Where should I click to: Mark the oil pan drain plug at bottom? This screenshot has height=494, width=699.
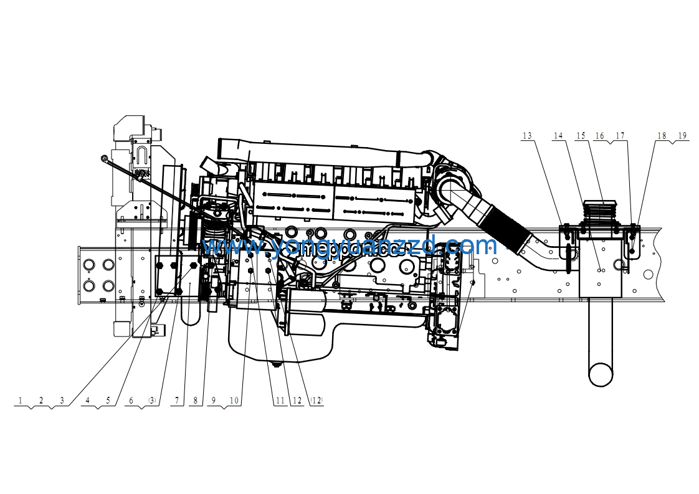click(x=273, y=362)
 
